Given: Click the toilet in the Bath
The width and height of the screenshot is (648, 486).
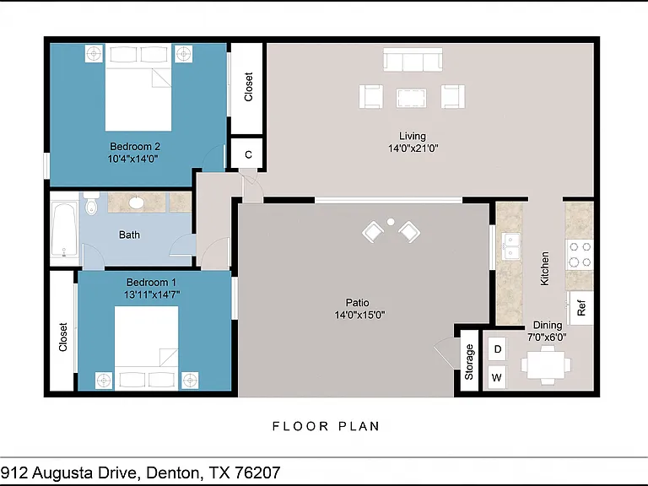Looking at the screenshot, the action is pyautogui.click(x=91, y=203).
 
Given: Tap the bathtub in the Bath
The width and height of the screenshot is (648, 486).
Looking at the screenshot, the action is pyautogui.click(x=64, y=229).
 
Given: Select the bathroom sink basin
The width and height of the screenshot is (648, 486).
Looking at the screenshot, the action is pyautogui.click(x=136, y=202).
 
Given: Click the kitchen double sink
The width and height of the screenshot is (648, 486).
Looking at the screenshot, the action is pyautogui.click(x=510, y=246).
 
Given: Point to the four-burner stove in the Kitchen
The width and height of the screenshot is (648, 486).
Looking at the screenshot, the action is pyautogui.click(x=580, y=254).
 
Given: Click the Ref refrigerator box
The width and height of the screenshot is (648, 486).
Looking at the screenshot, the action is pyautogui.click(x=581, y=308).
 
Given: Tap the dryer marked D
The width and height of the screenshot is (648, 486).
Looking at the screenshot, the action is pyautogui.click(x=497, y=349).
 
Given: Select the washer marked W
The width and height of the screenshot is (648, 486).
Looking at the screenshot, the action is pyautogui.click(x=497, y=377).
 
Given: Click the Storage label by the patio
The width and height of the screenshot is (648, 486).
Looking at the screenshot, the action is pyautogui.click(x=469, y=362).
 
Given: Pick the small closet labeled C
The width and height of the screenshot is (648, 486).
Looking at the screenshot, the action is pyautogui.click(x=248, y=154).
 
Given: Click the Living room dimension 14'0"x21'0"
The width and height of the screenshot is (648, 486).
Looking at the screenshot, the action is pyautogui.click(x=413, y=148).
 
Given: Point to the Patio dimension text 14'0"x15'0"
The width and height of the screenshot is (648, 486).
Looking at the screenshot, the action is pyautogui.click(x=359, y=316).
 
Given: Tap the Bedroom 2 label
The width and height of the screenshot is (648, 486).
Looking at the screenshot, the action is pyautogui.click(x=135, y=146).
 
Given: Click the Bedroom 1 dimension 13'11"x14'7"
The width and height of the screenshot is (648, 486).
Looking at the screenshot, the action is pyautogui.click(x=152, y=294).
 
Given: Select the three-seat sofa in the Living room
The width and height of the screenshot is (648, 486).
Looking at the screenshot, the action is pyautogui.click(x=413, y=60).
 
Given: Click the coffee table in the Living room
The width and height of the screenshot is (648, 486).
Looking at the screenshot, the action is pyautogui.click(x=411, y=98).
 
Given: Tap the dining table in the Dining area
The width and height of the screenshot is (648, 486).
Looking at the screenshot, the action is pyautogui.click(x=547, y=364).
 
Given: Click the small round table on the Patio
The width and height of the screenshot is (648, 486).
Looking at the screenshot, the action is pyautogui.click(x=391, y=222).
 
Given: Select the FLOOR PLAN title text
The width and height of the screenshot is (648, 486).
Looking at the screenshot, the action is pyautogui.click(x=326, y=426).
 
